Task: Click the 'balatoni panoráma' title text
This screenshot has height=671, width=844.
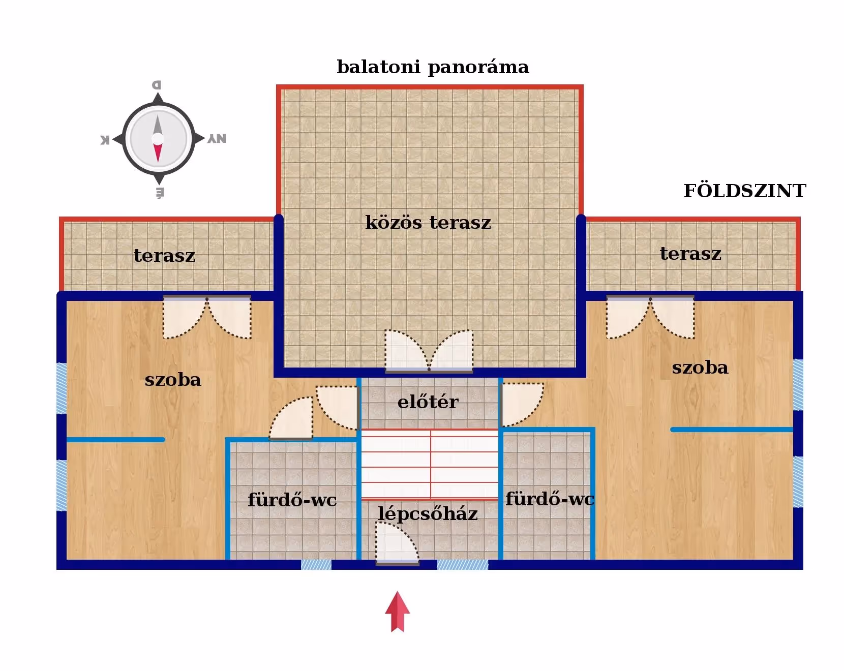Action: tap(433, 67)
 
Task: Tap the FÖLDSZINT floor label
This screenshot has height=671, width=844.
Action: tap(744, 191)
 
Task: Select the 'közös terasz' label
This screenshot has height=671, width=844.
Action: tap(428, 223)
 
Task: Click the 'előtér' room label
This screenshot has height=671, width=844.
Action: tap(428, 402)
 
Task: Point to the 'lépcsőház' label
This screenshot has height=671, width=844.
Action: tap(428, 514)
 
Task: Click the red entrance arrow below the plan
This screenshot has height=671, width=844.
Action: tap(397, 611)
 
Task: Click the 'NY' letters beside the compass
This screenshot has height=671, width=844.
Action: tap(217, 139)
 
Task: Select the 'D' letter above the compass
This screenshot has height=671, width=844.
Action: tap(157, 85)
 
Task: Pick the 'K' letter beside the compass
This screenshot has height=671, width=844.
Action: tap(105, 140)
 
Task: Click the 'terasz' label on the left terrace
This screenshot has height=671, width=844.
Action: tap(164, 256)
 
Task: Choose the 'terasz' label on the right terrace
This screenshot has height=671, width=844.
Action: tap(690, 254)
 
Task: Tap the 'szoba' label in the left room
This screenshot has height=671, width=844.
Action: tap(173, 380)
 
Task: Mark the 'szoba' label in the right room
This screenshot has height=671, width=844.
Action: tap(700, 368)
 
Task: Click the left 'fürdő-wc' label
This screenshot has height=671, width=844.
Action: tap(292, 500)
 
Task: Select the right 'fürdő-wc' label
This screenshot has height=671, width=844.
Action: tap(550, 499)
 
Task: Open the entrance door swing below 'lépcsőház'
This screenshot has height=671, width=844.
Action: tap(396, 544)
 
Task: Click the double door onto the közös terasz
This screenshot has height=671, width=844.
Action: tap(429, 351)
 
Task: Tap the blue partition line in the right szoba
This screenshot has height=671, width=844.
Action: tap(732, 430)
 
